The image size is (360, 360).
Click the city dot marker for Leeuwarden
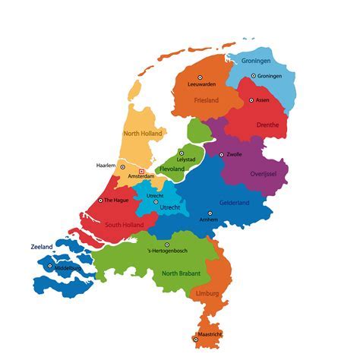pyautogui.click(x=201, y=77)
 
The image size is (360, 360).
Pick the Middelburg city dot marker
pyautogui.click(x=50, y=266)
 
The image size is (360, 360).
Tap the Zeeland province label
pyautogui.click(x=43, y=247)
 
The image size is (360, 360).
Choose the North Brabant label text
pyautogui.click(x=180, y=273)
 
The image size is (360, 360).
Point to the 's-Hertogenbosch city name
pyautogui.click(x=167, y=252)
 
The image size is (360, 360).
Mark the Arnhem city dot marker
pyautogui.click(x=209, y=213)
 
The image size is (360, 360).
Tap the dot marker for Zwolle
pyautogui.click(x=221, y=154)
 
